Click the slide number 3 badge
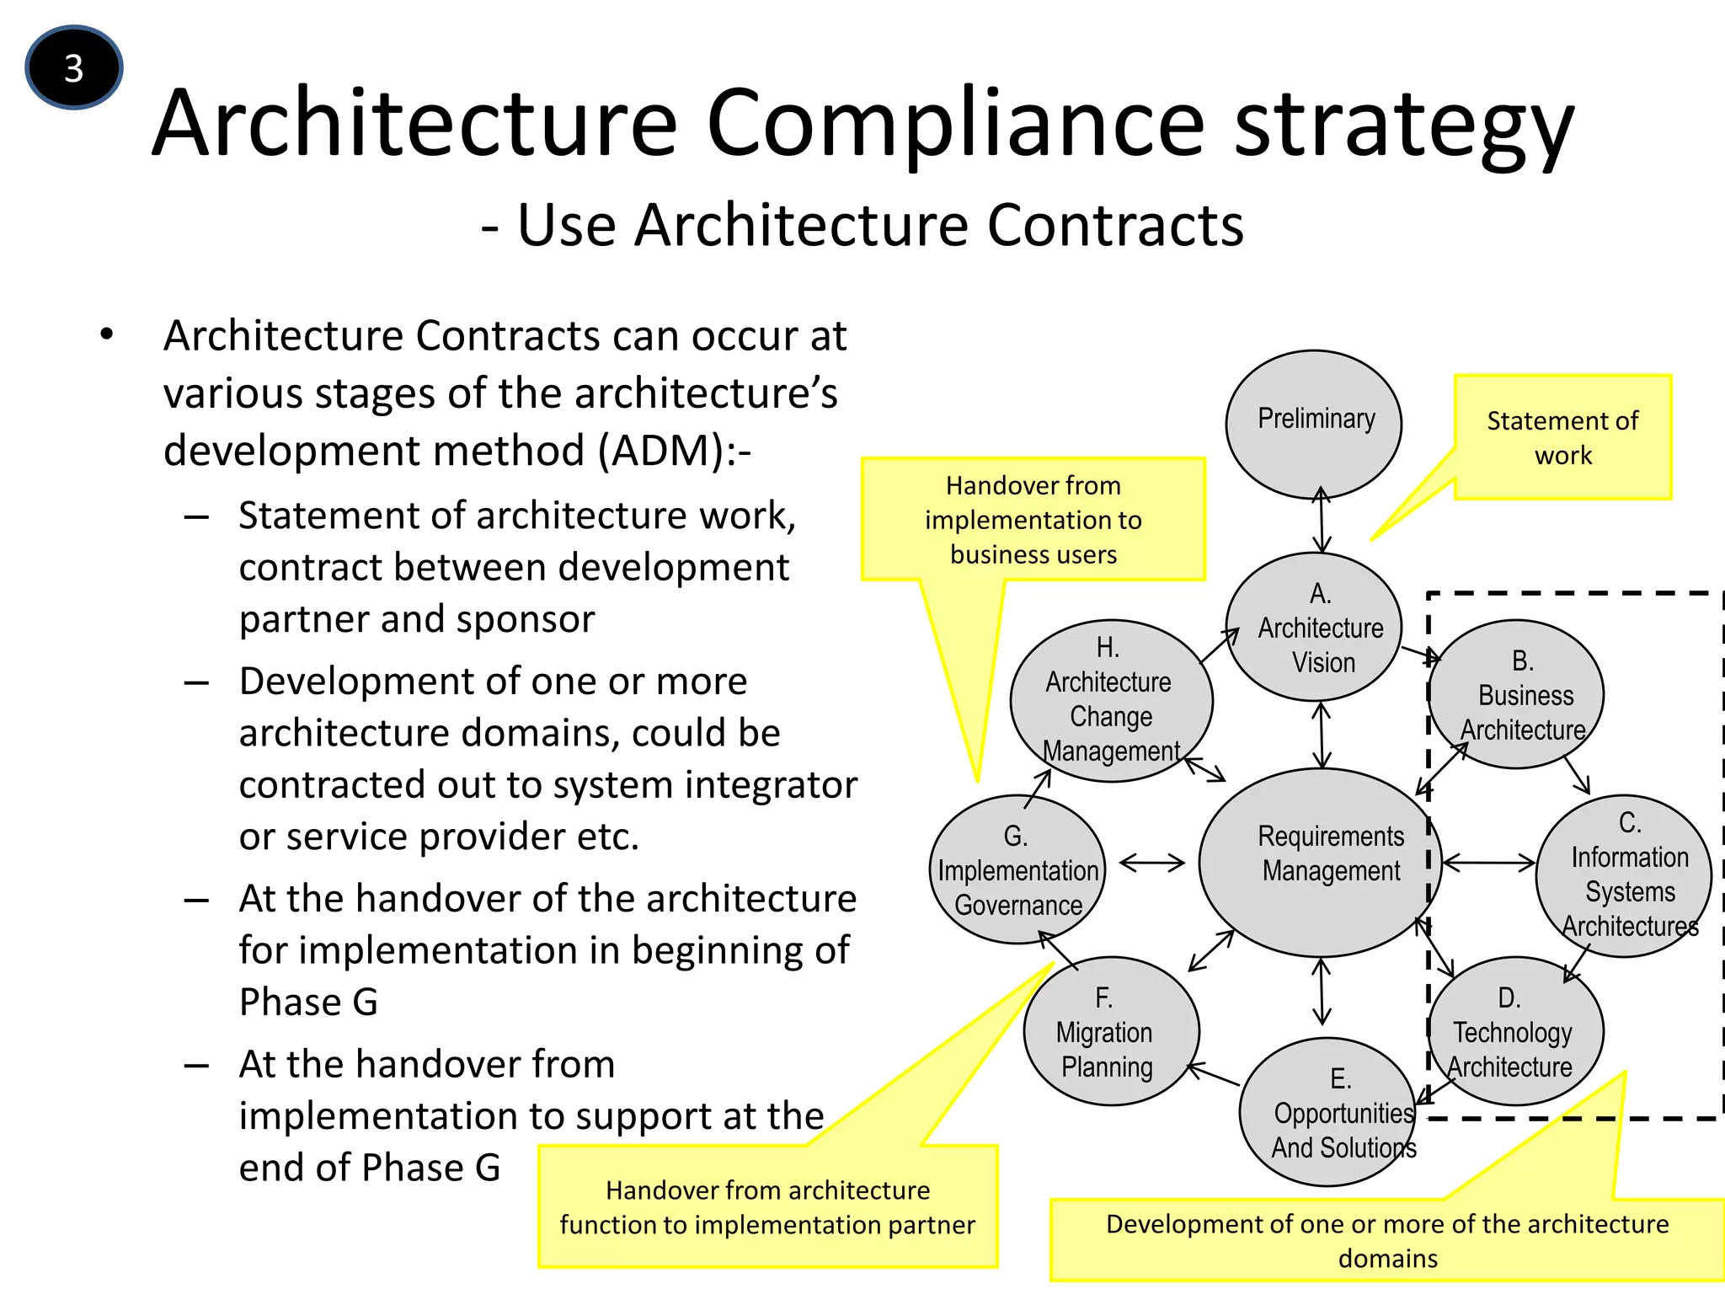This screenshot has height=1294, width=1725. coord(74,67)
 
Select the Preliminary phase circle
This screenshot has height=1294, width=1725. coord(1314,424)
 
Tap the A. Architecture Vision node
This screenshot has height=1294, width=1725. coord(1314,627)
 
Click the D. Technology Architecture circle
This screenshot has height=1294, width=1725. coord(1516,1031)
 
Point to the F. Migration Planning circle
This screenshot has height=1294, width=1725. coord(1111,1031)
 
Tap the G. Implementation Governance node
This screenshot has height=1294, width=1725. coord(1017,869)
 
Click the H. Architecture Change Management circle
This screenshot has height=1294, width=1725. coord(1111,699)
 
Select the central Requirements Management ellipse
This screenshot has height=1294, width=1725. coord(1321,861)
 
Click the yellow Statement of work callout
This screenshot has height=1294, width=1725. coord(1562,437)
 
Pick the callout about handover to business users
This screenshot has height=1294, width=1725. coord(1033,519)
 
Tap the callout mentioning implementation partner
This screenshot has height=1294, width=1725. coord(767,1206)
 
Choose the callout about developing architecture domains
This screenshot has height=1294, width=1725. coord(1386,1240)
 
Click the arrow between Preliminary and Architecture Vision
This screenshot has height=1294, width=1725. coord(1321,519)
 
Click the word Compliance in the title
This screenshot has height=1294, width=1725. coord(955,124)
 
